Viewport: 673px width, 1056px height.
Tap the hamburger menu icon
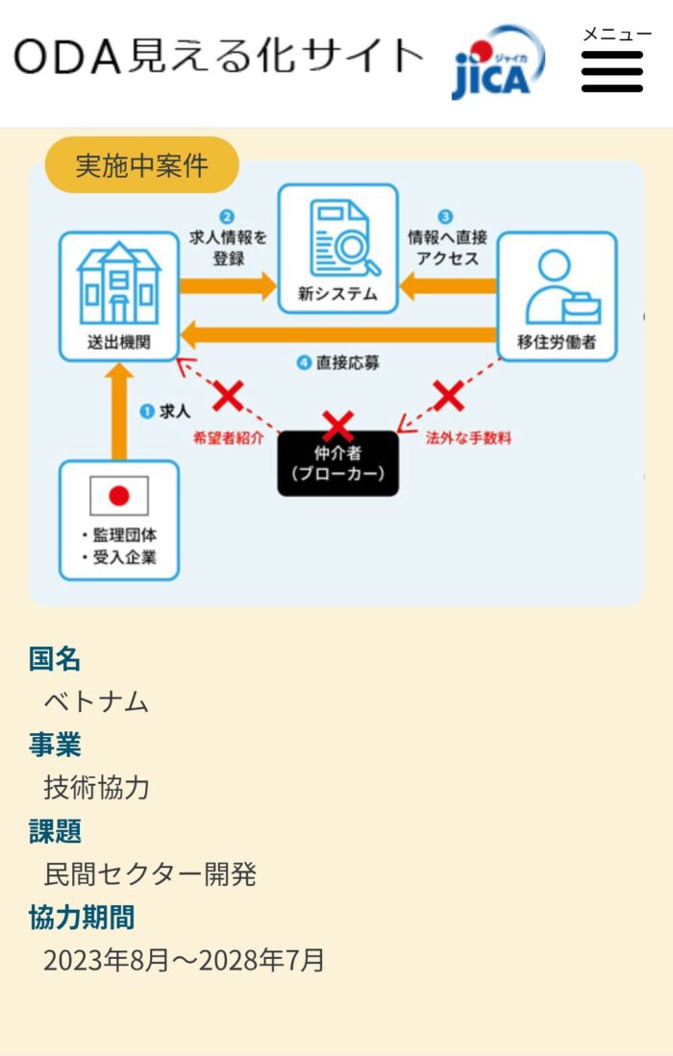point(611,71)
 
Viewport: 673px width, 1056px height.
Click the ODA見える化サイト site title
point(218,57)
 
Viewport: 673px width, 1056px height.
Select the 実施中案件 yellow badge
point(141,165)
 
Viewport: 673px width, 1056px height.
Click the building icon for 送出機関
point(118,285)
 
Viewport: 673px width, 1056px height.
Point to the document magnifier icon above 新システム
point(337,238)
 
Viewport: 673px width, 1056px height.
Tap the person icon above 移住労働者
point(561,286)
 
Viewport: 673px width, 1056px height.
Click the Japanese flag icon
point(119,496)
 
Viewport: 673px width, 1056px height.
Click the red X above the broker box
point(337,426)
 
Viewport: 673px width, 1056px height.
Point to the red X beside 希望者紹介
point(228,394)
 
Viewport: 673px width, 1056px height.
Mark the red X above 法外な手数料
point(448,394)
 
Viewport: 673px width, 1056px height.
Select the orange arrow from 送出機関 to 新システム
point(228,285)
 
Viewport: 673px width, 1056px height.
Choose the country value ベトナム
point(96,701)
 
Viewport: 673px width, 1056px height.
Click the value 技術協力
point(96,788)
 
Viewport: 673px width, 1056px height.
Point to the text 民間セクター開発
point(150,874)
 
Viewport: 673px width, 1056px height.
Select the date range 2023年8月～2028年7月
point(184,960)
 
